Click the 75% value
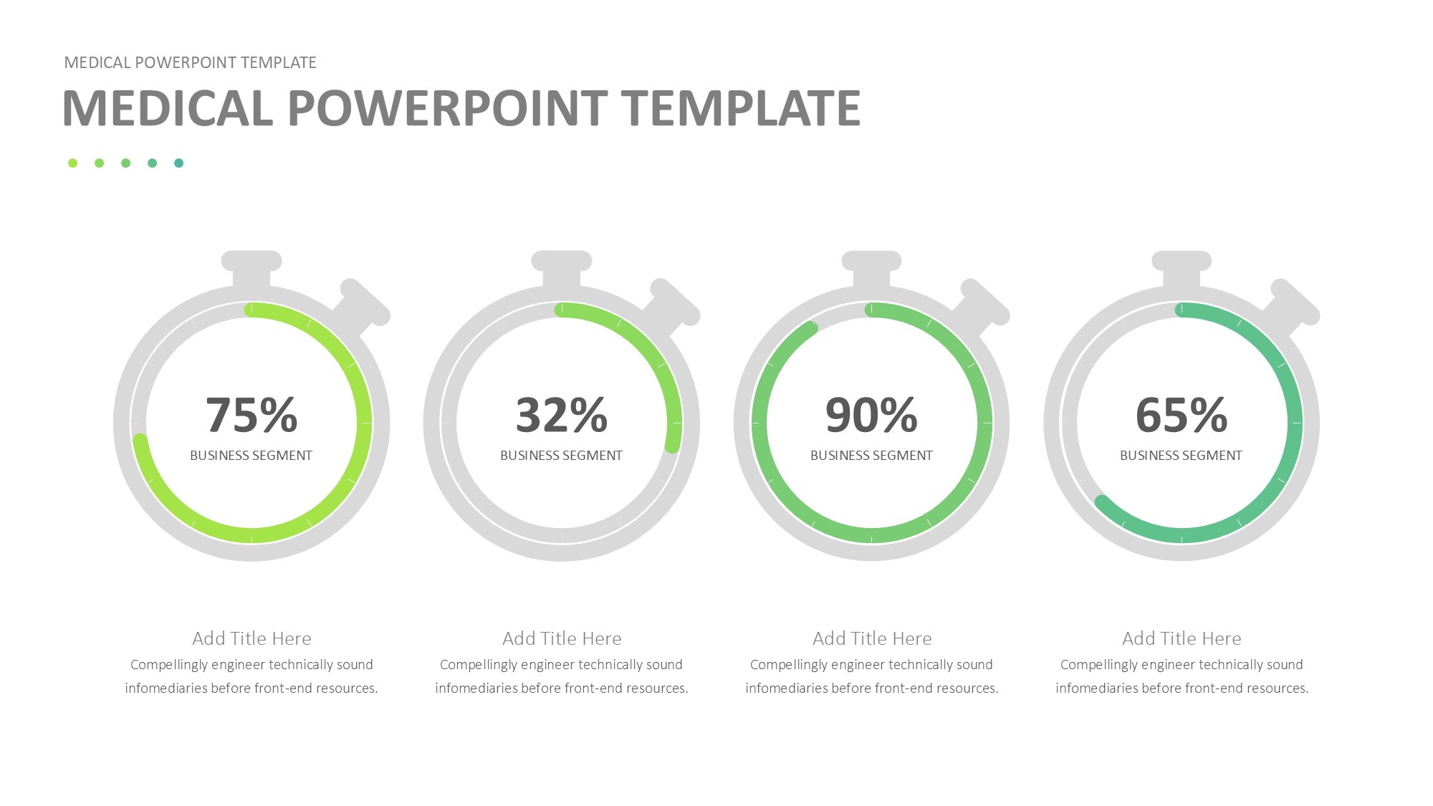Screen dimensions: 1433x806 [x=251, y=415]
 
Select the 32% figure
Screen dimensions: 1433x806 [x=562, y=415]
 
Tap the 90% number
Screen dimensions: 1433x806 [x=871, y=415]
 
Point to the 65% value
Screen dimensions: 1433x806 [x=1182, y=415]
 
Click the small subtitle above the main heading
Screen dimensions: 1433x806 [x=191, y=63]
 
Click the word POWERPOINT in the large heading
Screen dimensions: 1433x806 [x=448, y=108]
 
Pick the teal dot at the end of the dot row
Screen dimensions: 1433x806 [x=179, y=163]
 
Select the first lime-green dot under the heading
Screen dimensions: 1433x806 [x=72, y=163]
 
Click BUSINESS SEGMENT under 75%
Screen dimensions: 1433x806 [x=251, y=456]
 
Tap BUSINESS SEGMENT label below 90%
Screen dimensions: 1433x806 [x=871, y=456]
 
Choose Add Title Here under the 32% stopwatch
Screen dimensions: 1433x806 [x=562, y=638]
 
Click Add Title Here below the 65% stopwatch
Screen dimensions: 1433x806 [x=1182, y=638]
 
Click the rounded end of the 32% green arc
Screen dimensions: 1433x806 [x=672, y=446]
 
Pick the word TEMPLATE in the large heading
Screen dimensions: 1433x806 [x=741, y=108]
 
